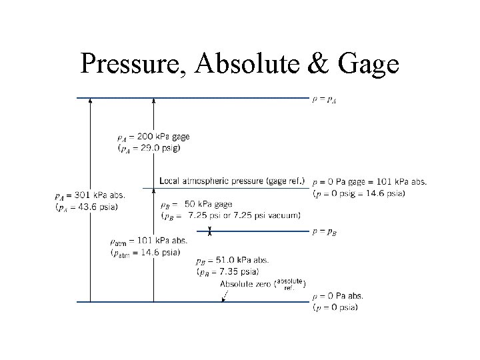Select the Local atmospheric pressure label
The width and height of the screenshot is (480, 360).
[232, 181]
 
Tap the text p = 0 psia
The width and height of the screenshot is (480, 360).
[335, 307]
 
